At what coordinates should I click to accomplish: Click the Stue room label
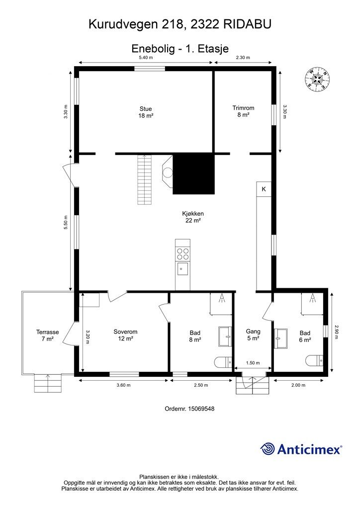(x=146, y=112)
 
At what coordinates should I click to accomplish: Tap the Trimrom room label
(x=243, y=111)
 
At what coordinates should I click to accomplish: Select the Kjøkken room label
(x=193, y=217)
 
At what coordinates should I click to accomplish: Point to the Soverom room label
(x=125, y=335)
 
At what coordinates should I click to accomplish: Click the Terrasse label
(x=47, y=336)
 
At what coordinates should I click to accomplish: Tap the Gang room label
(x=253, y=335)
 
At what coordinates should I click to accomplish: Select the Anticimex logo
(x=301, y=449)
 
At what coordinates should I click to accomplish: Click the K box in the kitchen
(x=264, y=189)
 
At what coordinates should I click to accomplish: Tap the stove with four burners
(x=182, y=254)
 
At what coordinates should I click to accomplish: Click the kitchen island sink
(x=182, y=268)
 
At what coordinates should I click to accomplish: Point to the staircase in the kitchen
(x=145, y=179)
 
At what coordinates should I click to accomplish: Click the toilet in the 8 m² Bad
(x=224, y=362)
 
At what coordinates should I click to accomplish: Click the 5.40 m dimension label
(x=146, y=58)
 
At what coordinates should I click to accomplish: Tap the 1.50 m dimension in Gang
(x=253, y=363)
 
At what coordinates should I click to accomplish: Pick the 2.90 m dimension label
(x=337, y=332)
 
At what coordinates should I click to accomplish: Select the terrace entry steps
(x=48, y=383)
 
